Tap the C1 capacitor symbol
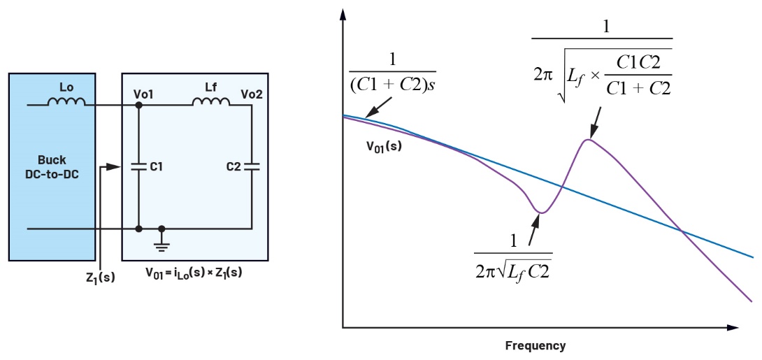[139, 167]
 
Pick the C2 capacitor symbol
[251, 167]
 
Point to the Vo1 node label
[143, 93]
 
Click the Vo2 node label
[252, 93]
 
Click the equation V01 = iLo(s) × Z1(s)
[194, 273]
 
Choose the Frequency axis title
[535, 345]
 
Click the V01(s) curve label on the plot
[383, 147]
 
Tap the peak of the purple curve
[589, 141]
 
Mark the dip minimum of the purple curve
[540, 212]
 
